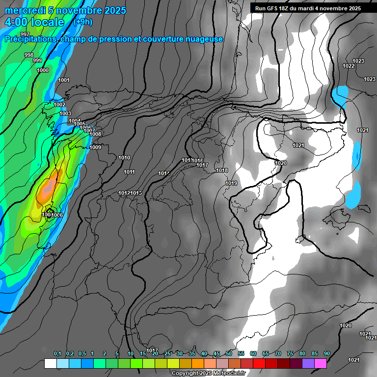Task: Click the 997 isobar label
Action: (25, 48)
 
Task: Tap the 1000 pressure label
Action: (43, 70)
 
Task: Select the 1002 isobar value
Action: (59, 105)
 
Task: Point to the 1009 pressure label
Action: (95, 147)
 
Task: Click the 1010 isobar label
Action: (124, 158)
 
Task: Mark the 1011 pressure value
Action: (130, 172)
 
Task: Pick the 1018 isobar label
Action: (222, 171)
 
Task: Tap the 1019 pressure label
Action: (231, 183)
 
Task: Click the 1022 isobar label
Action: (349, 66)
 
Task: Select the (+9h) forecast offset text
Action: (82, 22)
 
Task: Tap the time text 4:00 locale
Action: (34, 22)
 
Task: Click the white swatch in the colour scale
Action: (50, 364)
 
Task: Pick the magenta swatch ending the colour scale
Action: (321, 364)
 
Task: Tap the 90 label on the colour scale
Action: (327, 353)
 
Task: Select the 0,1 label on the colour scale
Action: (57, 353)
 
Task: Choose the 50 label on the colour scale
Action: (229, 353)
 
